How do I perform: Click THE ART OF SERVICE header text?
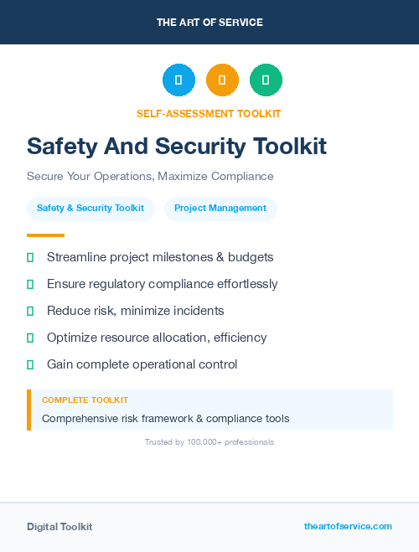209,23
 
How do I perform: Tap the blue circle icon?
178,80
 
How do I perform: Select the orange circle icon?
222,80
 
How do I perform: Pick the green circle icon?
266,80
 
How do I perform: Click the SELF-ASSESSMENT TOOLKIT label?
209,113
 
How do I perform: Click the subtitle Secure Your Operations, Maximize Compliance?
150,177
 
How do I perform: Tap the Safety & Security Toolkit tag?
91,209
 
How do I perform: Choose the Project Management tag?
220,209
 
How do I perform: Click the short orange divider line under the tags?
45,235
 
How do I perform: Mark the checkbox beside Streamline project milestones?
30,257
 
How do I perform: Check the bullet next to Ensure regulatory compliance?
30,284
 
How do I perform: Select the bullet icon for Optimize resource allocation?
30,338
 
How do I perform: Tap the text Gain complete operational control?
142,364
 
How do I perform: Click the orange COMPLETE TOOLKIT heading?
85,400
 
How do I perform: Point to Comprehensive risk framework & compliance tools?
166,418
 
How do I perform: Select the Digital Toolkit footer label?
59,527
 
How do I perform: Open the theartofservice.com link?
348,526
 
